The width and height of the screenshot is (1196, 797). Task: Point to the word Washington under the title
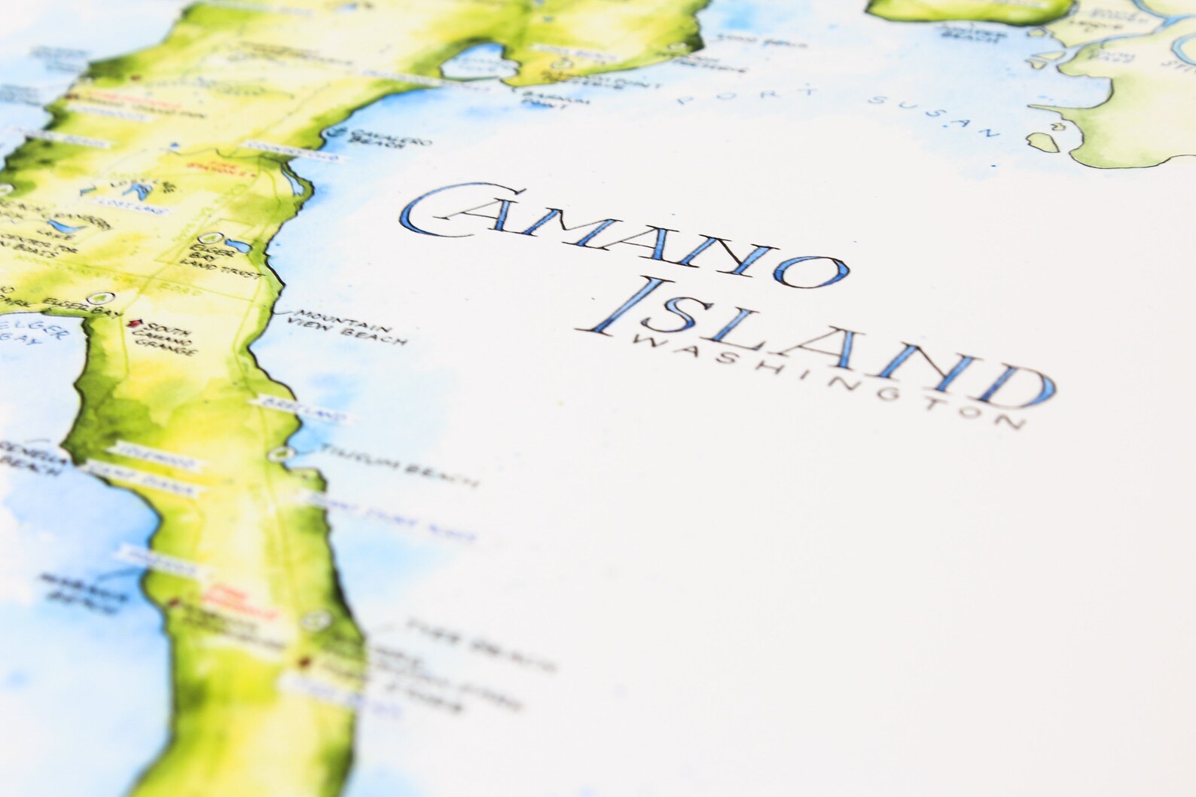(x=821, y=380)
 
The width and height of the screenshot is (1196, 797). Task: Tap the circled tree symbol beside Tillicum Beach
(x=281, y=453)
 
